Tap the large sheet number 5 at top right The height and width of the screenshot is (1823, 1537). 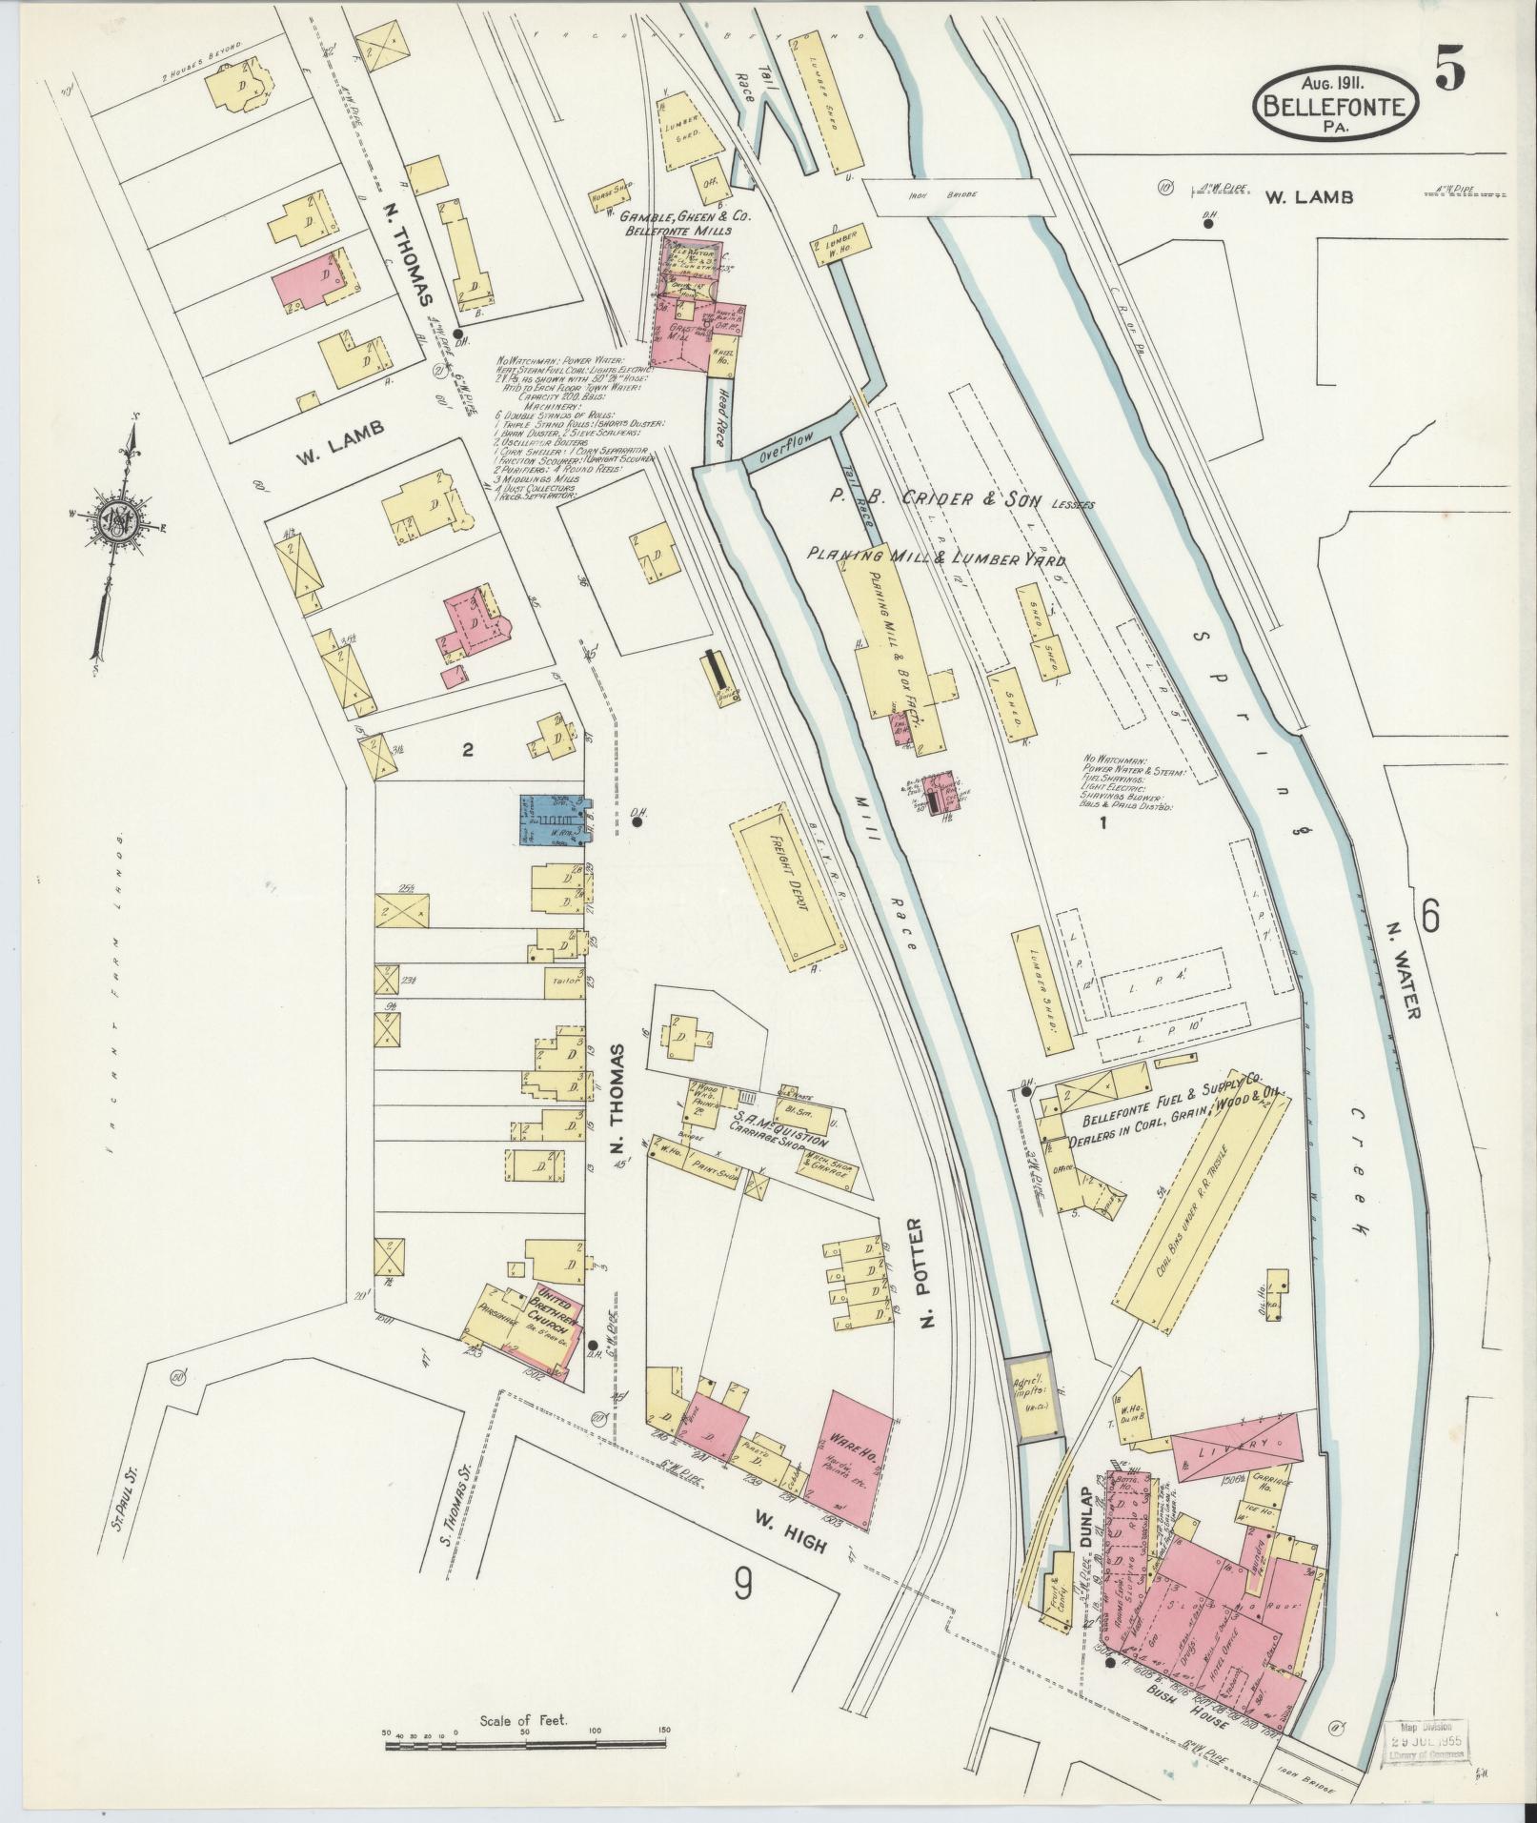(x=1449, y=68)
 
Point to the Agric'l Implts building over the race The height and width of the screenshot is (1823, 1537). (x=1030, y=1410)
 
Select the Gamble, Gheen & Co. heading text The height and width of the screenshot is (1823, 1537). (x=687, y=218)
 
